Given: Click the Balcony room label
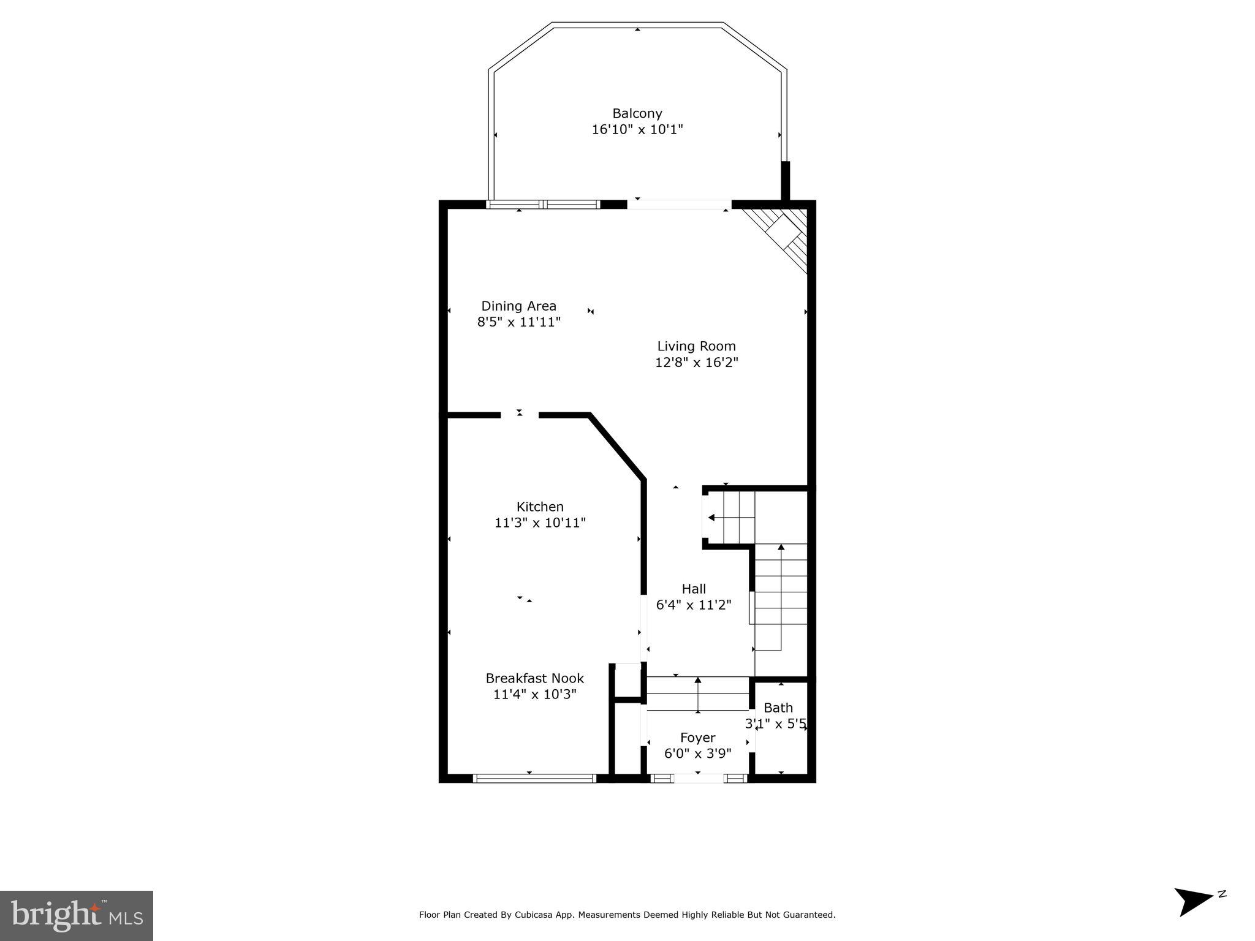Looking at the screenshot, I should tap(637, 113).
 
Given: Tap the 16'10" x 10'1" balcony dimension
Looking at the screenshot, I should tap(637, 130).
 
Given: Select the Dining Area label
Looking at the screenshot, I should tap(518, 306).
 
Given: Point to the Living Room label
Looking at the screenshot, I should tap(696, 346).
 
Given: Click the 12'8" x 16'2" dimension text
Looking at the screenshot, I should tap(696, 363).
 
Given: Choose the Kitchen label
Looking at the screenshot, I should tap(540, 507).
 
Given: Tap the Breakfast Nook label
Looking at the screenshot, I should tap(534, 678).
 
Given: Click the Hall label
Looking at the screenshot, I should tap(694, 589).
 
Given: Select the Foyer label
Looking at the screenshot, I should tap(697, 738).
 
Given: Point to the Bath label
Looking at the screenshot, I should tap(778, 708).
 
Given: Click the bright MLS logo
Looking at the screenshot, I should tap(77, 915).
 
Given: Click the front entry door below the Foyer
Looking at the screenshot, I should tap(698, 779).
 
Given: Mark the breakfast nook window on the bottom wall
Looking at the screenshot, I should tap(534, 779).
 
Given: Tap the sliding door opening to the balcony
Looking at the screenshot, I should tap(679, 205).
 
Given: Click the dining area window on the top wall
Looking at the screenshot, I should tap(543, 205).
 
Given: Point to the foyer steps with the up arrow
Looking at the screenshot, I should tap(698, 694).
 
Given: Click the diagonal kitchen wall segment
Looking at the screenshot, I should tap(618, 448).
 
